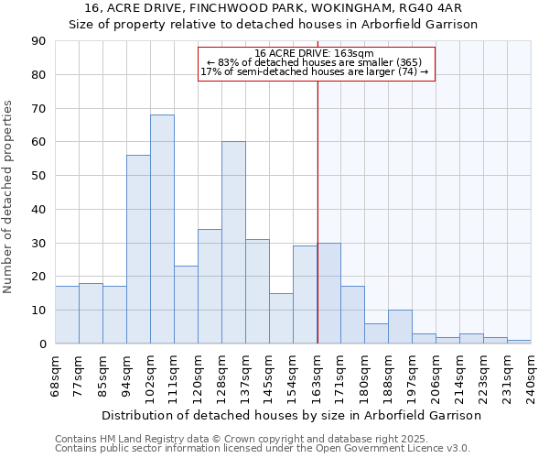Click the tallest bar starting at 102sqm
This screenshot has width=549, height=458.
pyautogui.click(x=162, y=229)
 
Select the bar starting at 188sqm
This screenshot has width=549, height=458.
pyautogui.click(x=400, y=327)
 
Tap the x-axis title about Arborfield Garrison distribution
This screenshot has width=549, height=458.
pyautogui.click(x=291, y=415)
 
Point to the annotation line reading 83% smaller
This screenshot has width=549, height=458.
pyautogui.click(x=315, y=62)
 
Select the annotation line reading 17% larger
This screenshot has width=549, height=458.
pyautogui.click(x=315, y=71)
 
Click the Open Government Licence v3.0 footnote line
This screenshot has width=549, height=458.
pyautogui.click(x=262, y=449)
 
